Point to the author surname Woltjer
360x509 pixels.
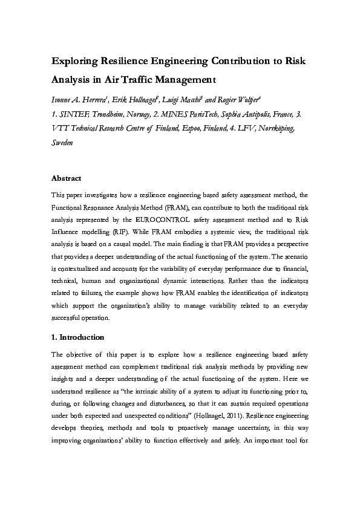(250, 99)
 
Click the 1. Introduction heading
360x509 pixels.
(77, 337)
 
